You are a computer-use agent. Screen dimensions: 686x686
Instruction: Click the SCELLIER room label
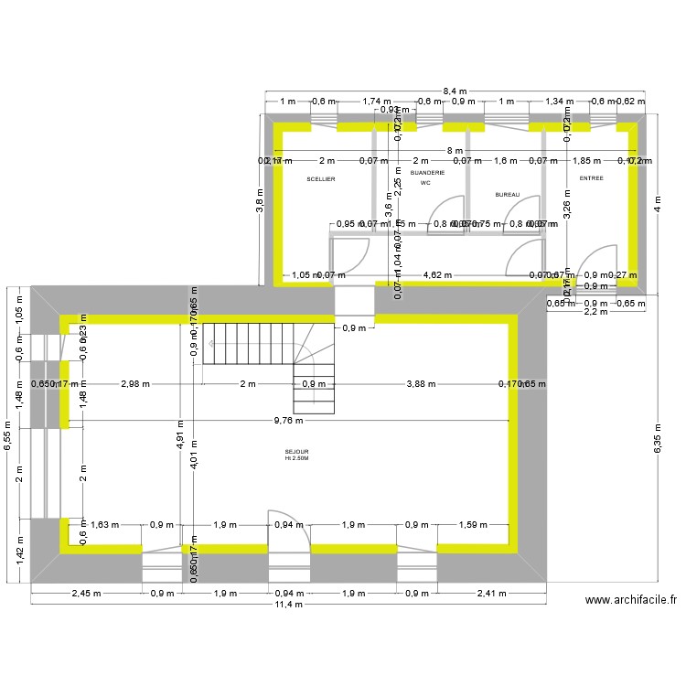[x=321, y=179]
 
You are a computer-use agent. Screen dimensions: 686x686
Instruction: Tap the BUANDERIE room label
[x=427, y=173]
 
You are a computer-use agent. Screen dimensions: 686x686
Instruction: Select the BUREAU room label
[x=507, y=195]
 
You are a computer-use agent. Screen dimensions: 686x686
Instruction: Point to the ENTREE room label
[x=591, y=178]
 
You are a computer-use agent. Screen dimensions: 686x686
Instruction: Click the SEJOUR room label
[x=296, y=452]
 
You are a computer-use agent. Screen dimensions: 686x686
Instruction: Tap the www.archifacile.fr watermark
[x=630, y=601]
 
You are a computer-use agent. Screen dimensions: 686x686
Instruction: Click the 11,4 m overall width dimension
[x=289, y=606]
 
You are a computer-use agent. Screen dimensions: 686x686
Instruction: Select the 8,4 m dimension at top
[x=455, y=91]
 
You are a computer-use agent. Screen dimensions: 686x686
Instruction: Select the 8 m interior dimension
[x=455, y=150]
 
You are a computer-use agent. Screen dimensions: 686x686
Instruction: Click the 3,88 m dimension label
[x=422, y=384]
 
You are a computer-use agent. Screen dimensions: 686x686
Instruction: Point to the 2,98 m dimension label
[x=135, y=384]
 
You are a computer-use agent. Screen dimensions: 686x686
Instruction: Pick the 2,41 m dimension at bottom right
[x=490, y=594]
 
